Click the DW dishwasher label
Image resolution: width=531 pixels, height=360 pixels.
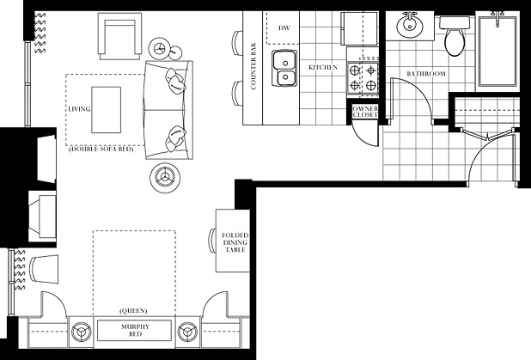click(x=284, y=27)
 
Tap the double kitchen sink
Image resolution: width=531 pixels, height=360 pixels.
click(x=284, y=69)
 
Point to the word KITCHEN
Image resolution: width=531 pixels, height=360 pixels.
click(x=323, y=67)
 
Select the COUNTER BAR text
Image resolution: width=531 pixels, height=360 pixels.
click(x=253, y=66)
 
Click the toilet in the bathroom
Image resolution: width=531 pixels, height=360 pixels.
click(x=455, y=37)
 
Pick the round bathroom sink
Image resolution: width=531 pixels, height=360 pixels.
click(x=410, y=24)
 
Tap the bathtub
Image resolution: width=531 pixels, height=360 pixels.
click(x=497, y=51)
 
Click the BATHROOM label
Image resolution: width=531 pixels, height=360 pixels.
click(x=426, y=74)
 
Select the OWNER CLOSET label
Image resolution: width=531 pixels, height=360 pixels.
click(x=365, y=112)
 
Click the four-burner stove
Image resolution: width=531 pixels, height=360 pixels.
click(x=363, y=78)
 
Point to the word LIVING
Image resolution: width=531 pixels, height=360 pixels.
click(x=79, y=109)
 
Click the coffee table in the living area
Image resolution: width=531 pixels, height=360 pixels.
click(x=106, y=110)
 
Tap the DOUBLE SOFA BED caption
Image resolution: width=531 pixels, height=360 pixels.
click(x=101, y=149)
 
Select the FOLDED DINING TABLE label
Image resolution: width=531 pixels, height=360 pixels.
click(x=235, y=242)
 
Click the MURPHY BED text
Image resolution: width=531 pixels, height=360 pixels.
click(x=135, y=330)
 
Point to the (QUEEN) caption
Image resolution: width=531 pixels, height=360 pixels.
click(x=133, y=310)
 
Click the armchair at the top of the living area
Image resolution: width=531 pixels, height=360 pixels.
click(x=120, y=36)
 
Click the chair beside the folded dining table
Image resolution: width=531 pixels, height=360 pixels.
click(x=212, y=241)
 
